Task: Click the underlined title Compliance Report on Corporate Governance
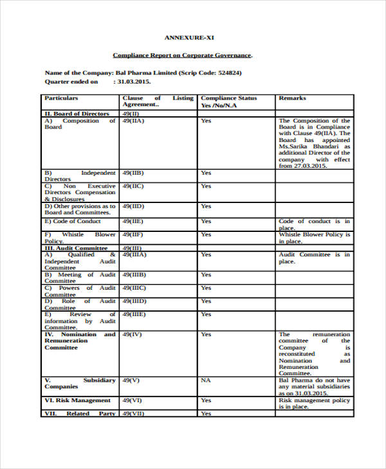click(x=183, y=55)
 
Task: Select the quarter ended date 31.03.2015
click(x=133, y=82)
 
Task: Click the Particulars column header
click(x=61, y=98)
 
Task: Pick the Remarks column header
click(x=292, y=98)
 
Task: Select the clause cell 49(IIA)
click(x=133, y=121)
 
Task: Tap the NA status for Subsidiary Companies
click(x=206, y=380)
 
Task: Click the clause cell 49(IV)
click(x=131, y=335)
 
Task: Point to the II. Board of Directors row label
click(x=77, y=114)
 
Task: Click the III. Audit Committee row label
click(x=75, y=248)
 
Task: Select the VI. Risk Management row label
click(x=77, y=400)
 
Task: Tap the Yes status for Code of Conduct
click(x=206, y=221)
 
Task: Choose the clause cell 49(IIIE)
click(x=134, y=315)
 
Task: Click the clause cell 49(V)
click(x=131, y=380)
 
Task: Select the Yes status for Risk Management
click(x=206, y=400)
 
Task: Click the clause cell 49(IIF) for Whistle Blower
click(x=133, y=234)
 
